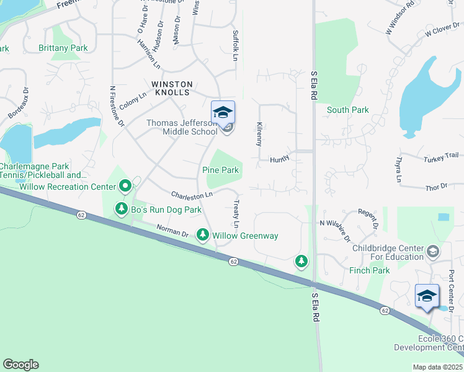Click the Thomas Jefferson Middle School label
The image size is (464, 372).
click(182, 127)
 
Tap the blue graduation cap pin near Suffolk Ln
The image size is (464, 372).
click(223, 112)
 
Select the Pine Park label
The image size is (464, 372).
click(220, 170)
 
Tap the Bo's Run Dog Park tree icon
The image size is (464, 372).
click(122, 210)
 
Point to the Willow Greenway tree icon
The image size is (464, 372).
click(202, 235)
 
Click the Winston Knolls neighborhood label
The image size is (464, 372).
click(171, 88)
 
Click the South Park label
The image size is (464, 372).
click(348, 110)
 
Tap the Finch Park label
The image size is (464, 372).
click(369, 270)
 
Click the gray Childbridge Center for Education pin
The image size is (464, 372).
click(432, 250)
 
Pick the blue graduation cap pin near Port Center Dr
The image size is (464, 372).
click(427, 296)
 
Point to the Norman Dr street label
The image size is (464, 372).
click(172, 232)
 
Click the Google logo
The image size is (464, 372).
click(20, 365)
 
